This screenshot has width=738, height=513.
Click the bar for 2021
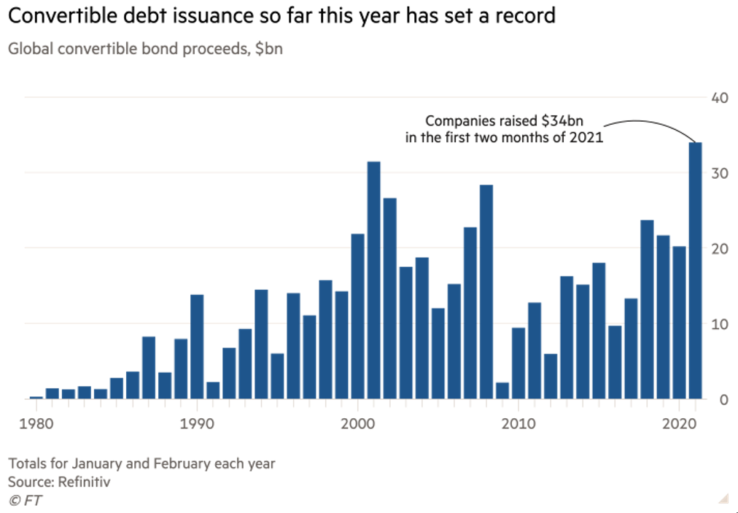point(695,271)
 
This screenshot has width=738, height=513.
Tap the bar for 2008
point(486,292)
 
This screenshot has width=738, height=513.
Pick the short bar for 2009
point(502,390)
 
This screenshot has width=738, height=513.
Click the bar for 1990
point(197,347)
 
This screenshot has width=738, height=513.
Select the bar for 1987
point(149,368)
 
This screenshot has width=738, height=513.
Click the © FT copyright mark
point(23,500)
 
